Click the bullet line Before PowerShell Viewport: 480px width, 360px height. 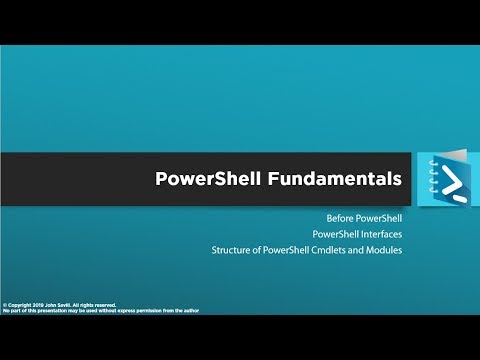pos(364,217)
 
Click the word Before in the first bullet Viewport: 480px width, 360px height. pos(341,217)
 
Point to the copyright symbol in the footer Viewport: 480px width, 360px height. pos(5,304)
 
